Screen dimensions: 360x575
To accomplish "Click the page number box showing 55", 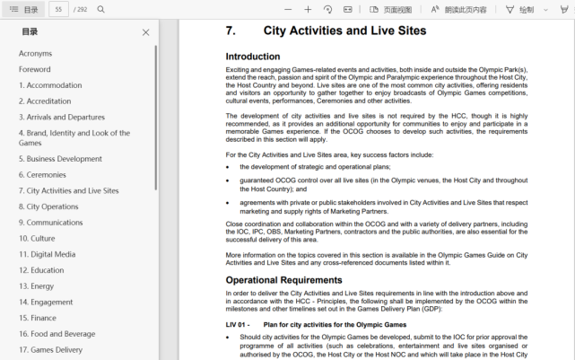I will point(58,9).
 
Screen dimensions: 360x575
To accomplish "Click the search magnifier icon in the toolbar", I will point(100,9).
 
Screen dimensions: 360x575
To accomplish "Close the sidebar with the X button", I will point(146,32).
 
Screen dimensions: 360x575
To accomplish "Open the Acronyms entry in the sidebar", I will point(36,54).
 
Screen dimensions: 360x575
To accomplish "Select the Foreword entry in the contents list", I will point(35,69).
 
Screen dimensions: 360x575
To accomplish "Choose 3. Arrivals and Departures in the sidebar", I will point(62,117).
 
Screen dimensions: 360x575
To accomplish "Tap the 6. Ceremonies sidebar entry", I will point(42,175).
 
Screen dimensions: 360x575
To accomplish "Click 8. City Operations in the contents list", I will point(48,206).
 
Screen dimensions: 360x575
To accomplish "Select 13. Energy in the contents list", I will point(37,286).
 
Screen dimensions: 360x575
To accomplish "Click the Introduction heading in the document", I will point(253,57).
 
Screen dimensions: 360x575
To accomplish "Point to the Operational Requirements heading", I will point(283,280).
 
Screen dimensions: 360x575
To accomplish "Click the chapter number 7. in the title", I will point(231,31).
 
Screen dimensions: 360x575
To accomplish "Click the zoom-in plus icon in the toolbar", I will point(308,9).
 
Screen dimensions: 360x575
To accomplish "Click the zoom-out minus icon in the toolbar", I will point(288,9).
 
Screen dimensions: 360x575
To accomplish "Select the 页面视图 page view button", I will point(391,10).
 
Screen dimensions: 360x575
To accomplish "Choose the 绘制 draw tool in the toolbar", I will point(519,10).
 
